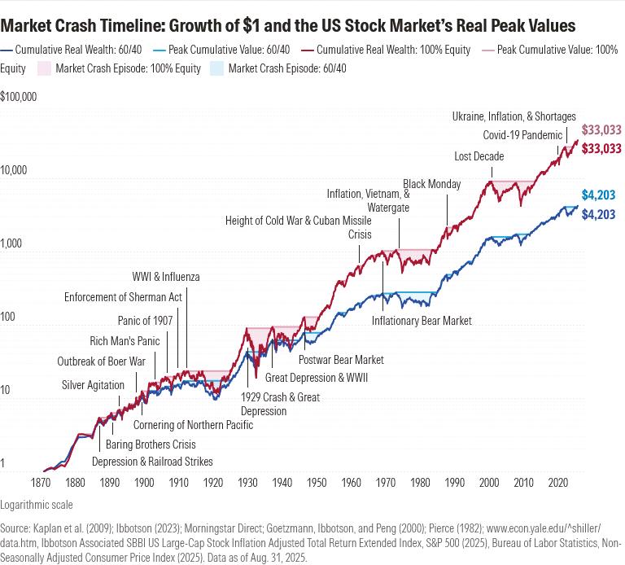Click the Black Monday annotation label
(x=432, y=185)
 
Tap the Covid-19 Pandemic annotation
(x=522, y=135)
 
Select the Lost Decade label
(x=479, y=156)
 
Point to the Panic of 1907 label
(x=145, y=321)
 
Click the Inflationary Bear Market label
(x=422, y=321)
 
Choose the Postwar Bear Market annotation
(x=341, y=360)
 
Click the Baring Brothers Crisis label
(x=151, y=445)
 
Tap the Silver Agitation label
(x=94, y=385)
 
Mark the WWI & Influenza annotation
(x=166, y=278)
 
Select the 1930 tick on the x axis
(x=247, y=483)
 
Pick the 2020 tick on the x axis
(x=557, y=483)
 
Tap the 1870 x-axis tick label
(x=42, y=483)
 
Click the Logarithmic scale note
(x=37, y=505)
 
